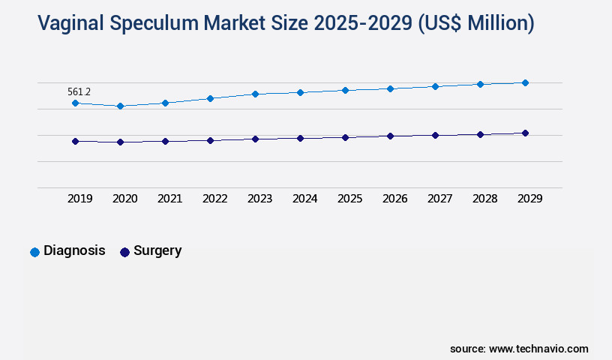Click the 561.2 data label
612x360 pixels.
(79, 91)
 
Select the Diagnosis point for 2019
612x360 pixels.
(75, 103)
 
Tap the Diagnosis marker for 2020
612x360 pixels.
(120, 106)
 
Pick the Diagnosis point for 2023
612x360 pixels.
(255, 94)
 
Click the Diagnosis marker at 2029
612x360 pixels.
(525, 82)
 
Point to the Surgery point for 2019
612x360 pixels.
(75, 141)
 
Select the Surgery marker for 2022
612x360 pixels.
(210, 140)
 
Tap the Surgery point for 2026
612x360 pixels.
(390, 136)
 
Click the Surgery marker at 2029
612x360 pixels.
(525, 133)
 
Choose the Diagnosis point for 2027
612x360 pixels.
(435, 86)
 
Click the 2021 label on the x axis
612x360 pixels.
(169, 199)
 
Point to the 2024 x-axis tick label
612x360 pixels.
(304, 199)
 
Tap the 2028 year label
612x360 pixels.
(484, 199)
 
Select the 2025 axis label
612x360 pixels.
(349, 199)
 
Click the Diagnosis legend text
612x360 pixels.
(74, 251)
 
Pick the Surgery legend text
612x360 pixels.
(157, 251)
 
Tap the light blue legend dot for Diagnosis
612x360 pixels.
(34, 252)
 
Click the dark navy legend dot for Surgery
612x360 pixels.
(124, 252)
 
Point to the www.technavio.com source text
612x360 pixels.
(538, 349)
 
